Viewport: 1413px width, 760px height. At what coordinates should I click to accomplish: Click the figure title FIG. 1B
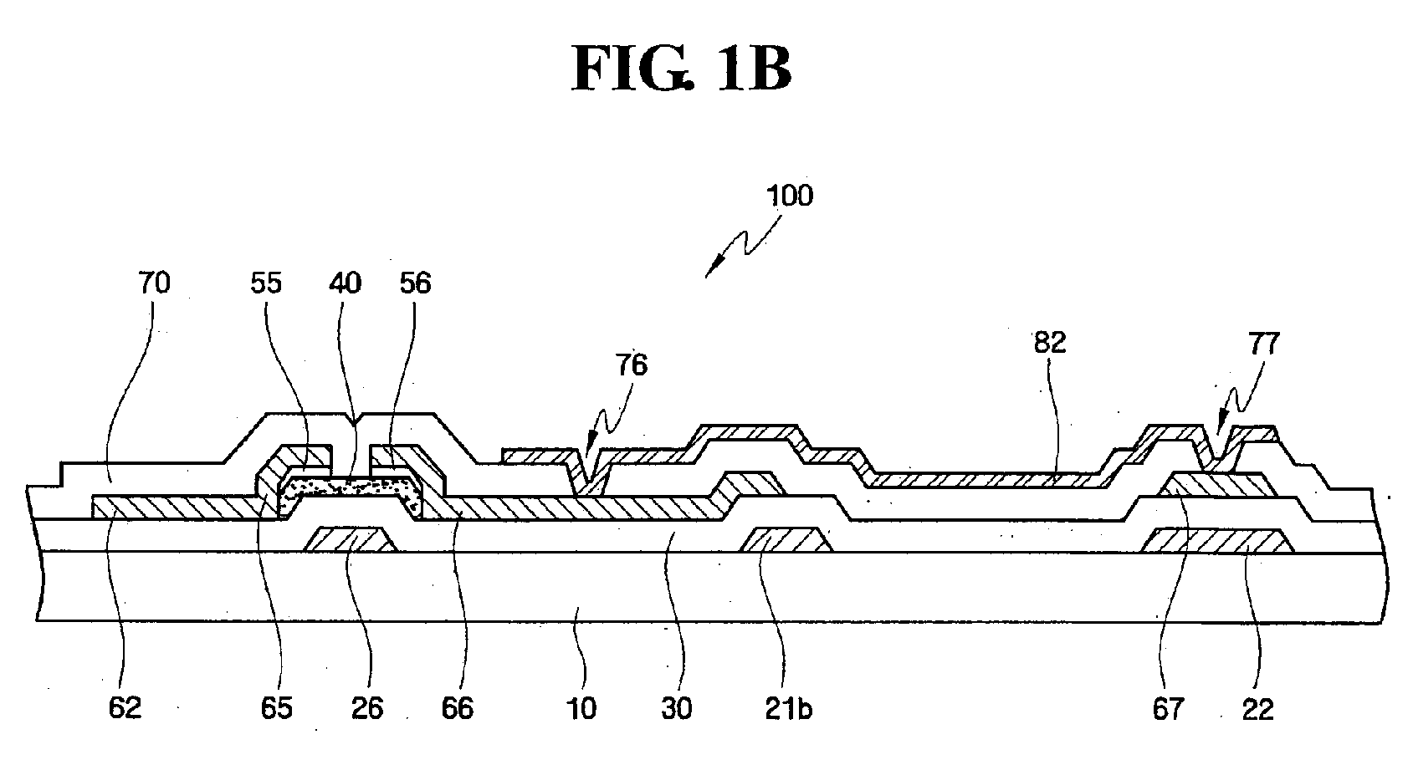[681, 69]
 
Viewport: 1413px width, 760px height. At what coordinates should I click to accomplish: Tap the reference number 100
[789, 196]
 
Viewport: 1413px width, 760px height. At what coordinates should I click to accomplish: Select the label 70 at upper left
[154, 283]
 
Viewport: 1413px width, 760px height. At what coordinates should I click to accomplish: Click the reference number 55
[265, 283]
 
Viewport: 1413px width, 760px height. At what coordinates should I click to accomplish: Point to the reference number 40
[345, 283]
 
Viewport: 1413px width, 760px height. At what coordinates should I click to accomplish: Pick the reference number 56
[415, 283]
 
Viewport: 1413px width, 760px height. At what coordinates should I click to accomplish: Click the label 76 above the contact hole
[632, 365]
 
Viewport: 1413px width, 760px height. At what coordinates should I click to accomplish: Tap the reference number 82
[1050, 342]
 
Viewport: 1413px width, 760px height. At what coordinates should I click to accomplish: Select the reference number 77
[1263, 344]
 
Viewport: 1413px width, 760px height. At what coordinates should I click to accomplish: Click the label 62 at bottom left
[125, 708]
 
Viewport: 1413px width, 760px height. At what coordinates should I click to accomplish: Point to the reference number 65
[276, 708]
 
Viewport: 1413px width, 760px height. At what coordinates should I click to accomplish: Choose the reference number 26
[367, 708]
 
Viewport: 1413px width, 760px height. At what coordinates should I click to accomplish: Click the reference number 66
[458, 708]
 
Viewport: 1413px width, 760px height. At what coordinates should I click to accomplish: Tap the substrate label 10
[581, 709]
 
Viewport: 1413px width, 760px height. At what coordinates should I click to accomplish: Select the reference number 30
[677, 709]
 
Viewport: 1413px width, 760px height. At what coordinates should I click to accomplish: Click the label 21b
[789, 709]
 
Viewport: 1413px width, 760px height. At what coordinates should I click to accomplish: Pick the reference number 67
[1168, 709]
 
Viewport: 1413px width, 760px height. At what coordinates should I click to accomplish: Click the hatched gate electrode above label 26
[351, 540]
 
